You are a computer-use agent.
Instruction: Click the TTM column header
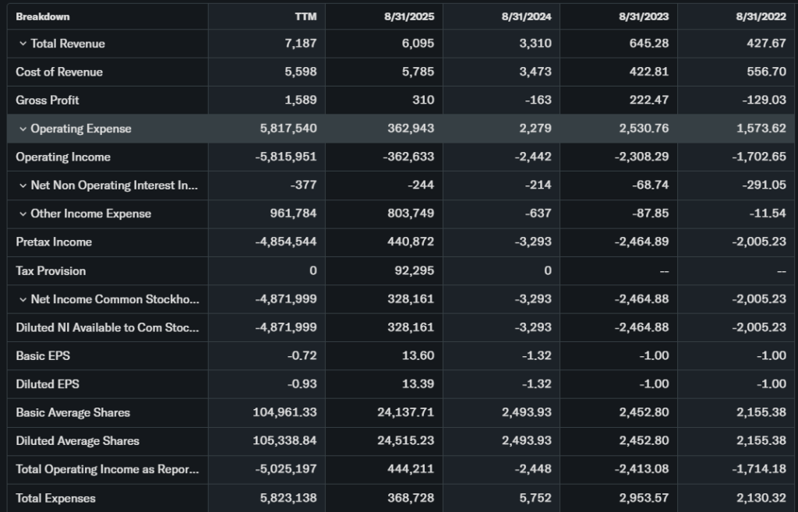[305, 16]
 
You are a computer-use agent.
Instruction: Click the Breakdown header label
[43, 16]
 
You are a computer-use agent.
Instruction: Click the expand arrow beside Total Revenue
[23, 44]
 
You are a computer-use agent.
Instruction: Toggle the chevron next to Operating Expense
[23, 129]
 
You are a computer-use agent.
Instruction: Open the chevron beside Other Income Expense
[23, 214]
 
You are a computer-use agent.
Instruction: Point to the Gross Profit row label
[48, 100]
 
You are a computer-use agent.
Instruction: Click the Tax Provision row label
[51, 270]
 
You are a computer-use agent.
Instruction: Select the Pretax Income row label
[54, 242]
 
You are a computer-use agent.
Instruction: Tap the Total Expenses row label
[55, 497]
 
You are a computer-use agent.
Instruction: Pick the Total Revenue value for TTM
[301, 44]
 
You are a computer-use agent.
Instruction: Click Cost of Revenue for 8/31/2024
[535, 72]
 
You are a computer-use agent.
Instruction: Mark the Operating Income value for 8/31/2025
[408, 157]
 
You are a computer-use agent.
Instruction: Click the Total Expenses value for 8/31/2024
[536, 497]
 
